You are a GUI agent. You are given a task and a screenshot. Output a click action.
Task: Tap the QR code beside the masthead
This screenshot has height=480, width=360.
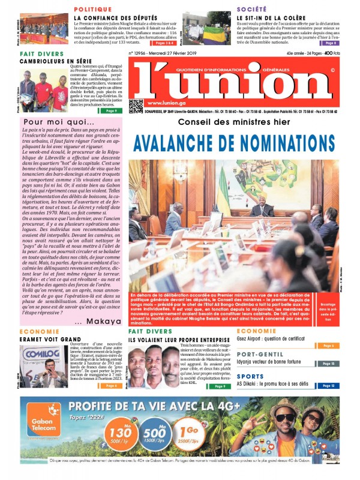point(136,106)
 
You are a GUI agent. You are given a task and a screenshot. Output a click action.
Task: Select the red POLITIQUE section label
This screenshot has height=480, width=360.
point(93,10)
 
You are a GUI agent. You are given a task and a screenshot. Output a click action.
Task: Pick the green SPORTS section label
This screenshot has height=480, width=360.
point(250,376)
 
